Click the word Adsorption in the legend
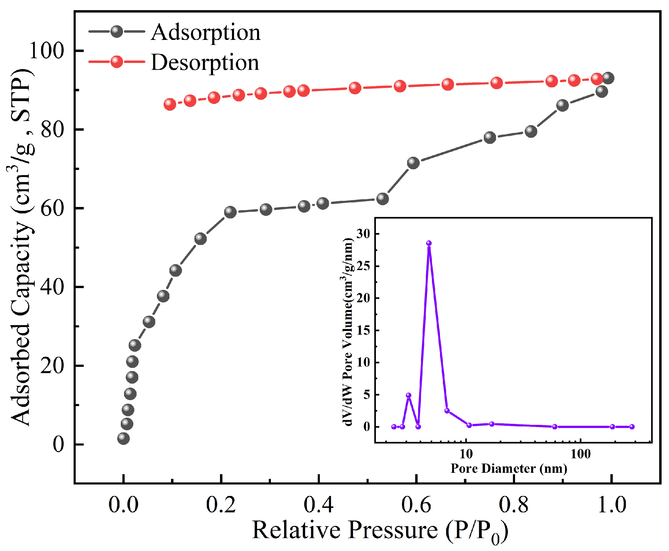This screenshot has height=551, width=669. (x=205, y=33)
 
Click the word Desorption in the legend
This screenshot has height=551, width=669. (x=205, y=62)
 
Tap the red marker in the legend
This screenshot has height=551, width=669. (x=116, y=61)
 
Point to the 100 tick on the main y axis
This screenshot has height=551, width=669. (x=47, y=51)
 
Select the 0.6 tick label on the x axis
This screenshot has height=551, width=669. (x=416, y=505)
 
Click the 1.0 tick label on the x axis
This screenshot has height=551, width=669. (x=611, y=505)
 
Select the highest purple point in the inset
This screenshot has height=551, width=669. (x=429, y=243)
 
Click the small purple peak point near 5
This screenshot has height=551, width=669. (x=408, y=395)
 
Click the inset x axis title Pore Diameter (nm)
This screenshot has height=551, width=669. (x=509, y=468)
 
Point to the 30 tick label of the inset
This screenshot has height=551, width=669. (x=363, y=233)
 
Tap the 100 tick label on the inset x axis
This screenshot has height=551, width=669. (x=580, y=454)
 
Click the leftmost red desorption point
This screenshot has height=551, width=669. (x=170, y=104)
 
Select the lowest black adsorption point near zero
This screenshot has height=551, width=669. (x=123, y=438)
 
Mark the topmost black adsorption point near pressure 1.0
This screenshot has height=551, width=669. (x=608, y=78)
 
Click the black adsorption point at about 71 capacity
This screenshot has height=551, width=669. (x=413, y=163)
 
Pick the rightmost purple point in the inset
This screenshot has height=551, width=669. (x=632, y=427)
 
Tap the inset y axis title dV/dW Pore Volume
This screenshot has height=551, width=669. (x=348, y=332)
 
